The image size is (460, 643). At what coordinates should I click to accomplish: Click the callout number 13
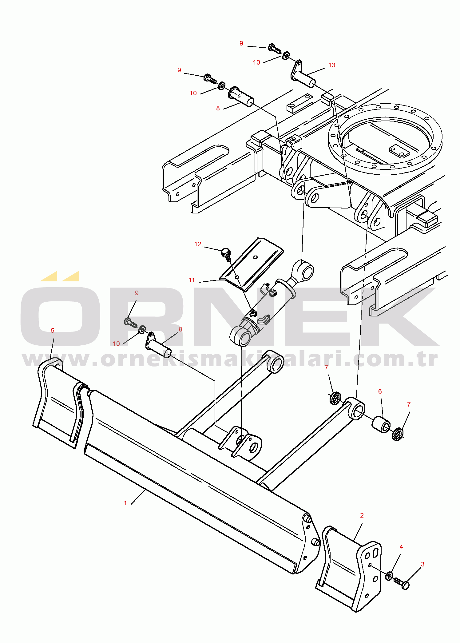pos(332,65)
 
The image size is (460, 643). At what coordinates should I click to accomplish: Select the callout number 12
pos(198,244)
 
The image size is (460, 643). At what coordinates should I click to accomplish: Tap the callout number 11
pos(192,280)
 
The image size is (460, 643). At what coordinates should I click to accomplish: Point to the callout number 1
pos(125,503)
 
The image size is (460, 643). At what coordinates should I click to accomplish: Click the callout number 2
pos(362,515)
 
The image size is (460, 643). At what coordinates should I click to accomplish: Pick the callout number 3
pos(423,564)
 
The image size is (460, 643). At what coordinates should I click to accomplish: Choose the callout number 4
pos(401,547)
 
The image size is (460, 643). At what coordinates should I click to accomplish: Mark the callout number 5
pos(53,331)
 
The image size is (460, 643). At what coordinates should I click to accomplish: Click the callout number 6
pos(380,391)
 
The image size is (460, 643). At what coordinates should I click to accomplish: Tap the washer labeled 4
pos(389,576)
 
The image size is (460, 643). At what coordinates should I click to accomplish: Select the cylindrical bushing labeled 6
pos(381,424)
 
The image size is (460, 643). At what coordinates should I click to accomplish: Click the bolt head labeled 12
pos(226,252)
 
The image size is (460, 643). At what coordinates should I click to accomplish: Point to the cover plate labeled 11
pos(252,264)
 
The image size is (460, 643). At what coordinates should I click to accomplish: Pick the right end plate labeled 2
pos(351,569)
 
